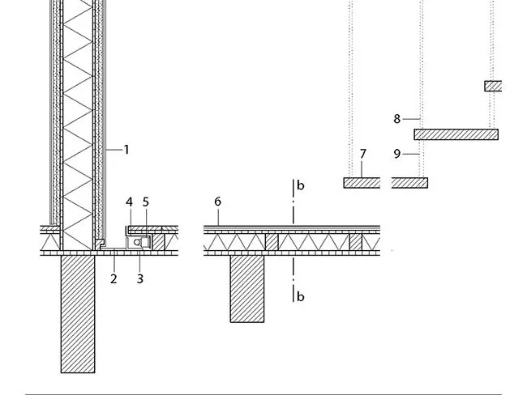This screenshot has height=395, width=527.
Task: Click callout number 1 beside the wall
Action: coord(126,150)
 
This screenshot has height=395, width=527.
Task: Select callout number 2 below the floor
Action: coord(114,279)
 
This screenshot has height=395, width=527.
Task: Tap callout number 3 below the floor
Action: coord(140,279)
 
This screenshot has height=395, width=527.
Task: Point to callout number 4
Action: coord(130,202)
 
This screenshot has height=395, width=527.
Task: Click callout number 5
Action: coord(145,202)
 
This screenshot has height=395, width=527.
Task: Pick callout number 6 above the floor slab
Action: coord(218,202)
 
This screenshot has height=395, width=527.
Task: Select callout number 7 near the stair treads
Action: coord(362,154)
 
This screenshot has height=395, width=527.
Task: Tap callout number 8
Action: coord(397,119)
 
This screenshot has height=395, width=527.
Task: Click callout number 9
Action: coord(397,154)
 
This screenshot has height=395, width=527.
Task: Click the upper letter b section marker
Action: coord(301,185)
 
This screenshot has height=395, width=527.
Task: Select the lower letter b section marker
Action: coord(301,297)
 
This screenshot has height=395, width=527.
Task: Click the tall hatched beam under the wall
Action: coord(78,314)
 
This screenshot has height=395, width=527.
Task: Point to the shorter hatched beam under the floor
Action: coord(247,289)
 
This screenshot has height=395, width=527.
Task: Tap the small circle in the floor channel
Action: coord(137,242)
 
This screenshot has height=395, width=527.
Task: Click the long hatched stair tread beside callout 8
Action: coord(456,134)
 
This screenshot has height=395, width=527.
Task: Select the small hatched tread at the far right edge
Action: coord(493,87)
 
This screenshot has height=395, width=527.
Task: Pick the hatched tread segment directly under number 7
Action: coord(362,183)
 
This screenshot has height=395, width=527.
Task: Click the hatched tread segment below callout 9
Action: coord(409,183)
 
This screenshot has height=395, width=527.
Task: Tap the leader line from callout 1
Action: coord(114,150)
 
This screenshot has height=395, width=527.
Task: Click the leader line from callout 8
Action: coord(412,119)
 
